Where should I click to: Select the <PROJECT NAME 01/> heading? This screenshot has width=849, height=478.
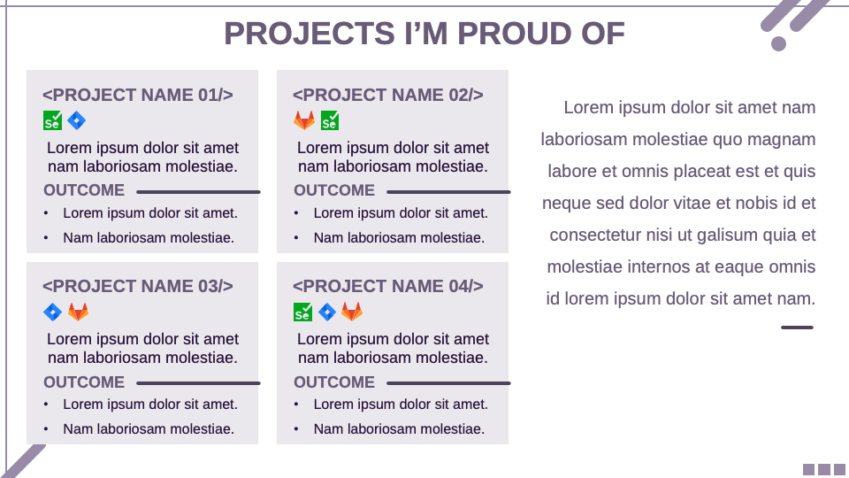tap(138, 95)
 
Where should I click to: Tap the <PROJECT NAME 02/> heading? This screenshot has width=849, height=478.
tap(388, 95)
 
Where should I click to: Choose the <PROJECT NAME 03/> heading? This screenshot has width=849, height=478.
tap(138, 286)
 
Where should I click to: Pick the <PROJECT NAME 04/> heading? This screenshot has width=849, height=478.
tap(388, 286)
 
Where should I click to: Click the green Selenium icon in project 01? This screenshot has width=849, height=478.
tap(53, 120)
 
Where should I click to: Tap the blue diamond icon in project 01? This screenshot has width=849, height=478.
tap(77, 120)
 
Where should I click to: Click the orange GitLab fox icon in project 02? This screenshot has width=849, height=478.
tap(303, 120)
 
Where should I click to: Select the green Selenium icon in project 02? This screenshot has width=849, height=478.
tap(330, 120)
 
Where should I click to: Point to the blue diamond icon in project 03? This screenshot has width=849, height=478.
tap(53, 312)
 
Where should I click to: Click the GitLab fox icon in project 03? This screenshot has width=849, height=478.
tap(79, 312)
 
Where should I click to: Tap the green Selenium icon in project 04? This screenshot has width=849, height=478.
tap(302, 312)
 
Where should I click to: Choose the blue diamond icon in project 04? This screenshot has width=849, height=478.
tap(327, 312)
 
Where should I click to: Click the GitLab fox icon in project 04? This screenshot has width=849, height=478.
tap(352, 312)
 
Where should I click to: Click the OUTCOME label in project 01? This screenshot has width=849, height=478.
tap(84, 190)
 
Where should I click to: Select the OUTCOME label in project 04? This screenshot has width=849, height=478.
tap(334, 382)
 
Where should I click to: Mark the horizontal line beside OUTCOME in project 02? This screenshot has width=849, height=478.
tap(448, 191)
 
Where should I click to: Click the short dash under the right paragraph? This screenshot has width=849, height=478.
tap(797, 328)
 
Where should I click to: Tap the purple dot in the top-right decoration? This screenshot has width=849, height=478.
tap(778, 43)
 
